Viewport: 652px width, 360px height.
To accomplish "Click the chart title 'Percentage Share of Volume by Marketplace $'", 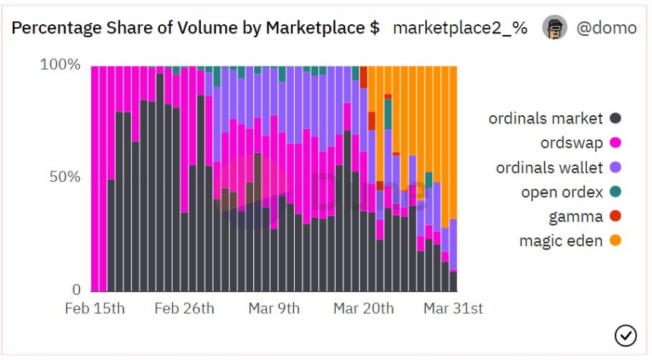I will pyautogui.click(x=196, y=28).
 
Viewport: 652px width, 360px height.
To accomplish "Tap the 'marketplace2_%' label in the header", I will pyautogui.click(x=460, y=28).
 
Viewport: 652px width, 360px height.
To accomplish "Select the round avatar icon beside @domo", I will pyautogui.click(x=554, y=28).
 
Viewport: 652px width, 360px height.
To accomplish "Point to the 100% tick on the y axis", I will pyautogui.click(x=60, y=64).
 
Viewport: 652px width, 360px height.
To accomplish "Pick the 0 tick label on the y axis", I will pyautogui.click(x=76, y=290).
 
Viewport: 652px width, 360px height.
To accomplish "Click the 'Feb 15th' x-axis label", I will pyautogui.click(x=95, y=308).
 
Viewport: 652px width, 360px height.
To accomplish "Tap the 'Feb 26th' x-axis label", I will pyautogui.click(x=184, y=308).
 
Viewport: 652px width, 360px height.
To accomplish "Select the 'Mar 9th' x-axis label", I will pyautogui.click(x=274, y=308).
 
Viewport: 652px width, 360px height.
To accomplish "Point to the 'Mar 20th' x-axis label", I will pyautogui.click(x=364, y=308).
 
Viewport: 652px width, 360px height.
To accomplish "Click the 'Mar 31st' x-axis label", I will pyautogui.click(x=453, y=308).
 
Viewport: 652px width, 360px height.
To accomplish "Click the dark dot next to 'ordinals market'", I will pyautogui.click(x=616, y=118).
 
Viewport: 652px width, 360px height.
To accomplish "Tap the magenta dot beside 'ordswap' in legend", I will pyautogui.click(x=616, y=142).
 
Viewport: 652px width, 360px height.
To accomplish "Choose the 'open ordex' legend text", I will pyautogui.click(x=562, y=192).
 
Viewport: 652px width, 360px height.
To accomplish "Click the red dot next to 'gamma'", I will pyautogui.click(x=616, y=217).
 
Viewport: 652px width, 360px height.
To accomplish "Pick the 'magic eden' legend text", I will pyautogui.click(x=561, y=241).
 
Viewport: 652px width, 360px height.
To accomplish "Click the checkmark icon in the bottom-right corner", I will pyautogui.click(x=625, y=334).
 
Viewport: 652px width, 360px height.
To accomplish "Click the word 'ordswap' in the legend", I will pyautogui.click(x=571, y=142).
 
